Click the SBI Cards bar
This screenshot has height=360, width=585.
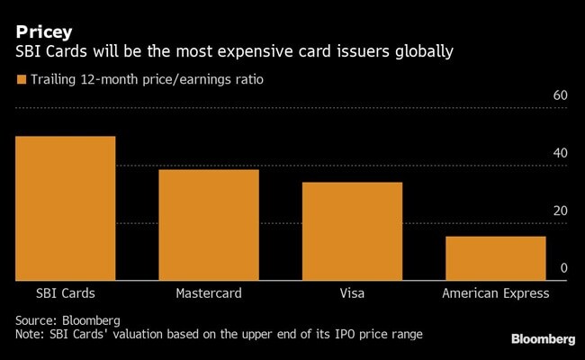click(65, 208)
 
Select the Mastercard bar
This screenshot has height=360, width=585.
click(209, 225)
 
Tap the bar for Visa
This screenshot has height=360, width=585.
click(352, 231)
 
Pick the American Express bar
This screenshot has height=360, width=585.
click(496, 258)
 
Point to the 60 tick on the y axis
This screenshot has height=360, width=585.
click(559, 95)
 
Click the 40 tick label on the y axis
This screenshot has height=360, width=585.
click(559, 153)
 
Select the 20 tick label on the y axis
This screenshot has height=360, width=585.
click(559, 211)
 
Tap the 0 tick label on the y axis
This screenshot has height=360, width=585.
click(563, 268)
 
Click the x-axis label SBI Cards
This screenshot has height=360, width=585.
click(65, 293)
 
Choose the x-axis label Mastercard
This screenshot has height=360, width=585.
click(209, 293)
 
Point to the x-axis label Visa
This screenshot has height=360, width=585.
click(352, 293)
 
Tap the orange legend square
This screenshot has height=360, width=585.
click(21, 80)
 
